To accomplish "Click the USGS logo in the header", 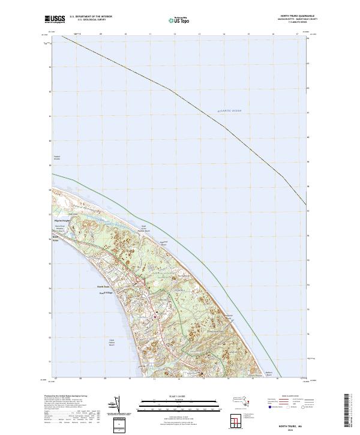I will [55, 19].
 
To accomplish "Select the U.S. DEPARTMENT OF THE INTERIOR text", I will [91, 17].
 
